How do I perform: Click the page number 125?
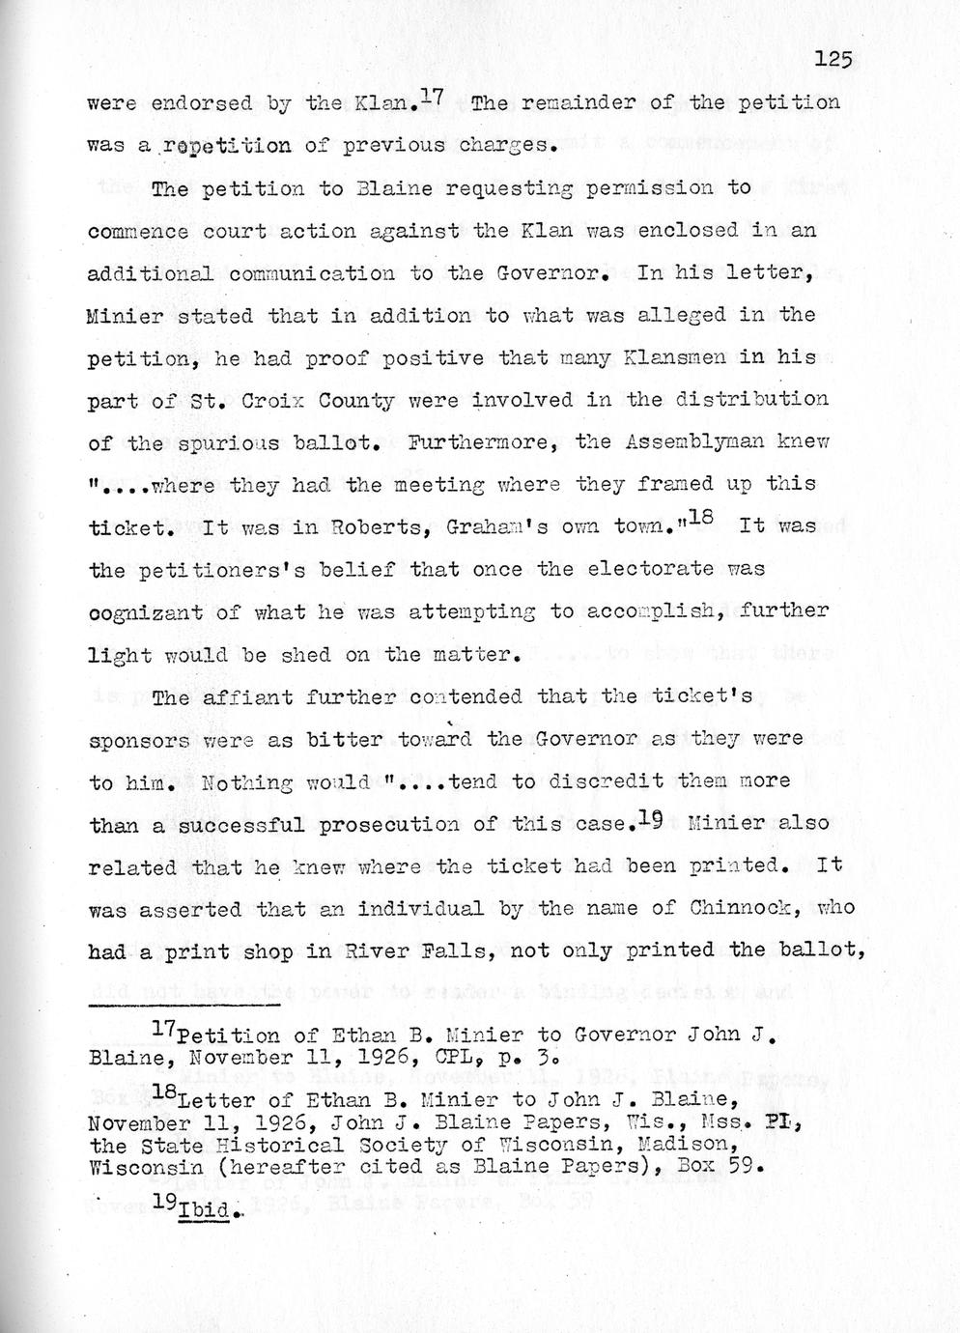click(x=832, y=60)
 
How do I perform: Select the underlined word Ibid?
click(x=205, y=1211)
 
